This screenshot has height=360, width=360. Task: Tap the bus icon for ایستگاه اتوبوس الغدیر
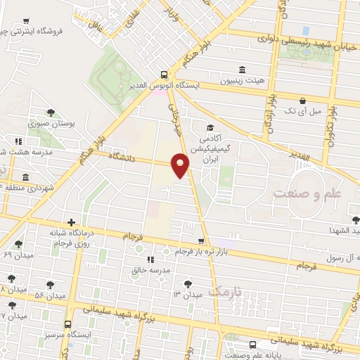(164, 74)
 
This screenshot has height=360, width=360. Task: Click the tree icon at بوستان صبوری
(50, 112)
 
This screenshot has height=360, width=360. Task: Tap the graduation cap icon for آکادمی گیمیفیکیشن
(210, 127)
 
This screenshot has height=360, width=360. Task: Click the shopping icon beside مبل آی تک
(302, 100)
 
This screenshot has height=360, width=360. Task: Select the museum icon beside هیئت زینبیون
(243, 69)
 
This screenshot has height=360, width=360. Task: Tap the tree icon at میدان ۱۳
(188, 283)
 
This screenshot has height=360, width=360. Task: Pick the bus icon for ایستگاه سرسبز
(67, 324)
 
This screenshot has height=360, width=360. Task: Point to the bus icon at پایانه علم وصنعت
(252, 344)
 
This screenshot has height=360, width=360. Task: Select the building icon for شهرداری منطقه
(26, 176)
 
